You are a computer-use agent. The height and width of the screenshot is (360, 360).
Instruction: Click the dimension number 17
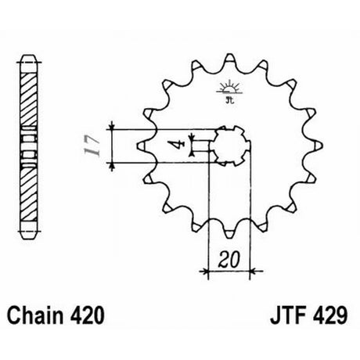92,146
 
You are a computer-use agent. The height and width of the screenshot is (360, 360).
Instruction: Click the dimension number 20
229,259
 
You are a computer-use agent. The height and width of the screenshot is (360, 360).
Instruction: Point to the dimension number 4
178,146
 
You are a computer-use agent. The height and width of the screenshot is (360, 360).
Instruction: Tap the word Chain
35,315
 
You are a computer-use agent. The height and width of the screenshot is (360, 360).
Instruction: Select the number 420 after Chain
87,315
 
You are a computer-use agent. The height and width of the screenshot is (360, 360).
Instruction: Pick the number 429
329,315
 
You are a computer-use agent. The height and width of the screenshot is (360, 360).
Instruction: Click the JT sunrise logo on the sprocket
229,92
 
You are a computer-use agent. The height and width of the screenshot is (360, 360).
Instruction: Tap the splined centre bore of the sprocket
230,146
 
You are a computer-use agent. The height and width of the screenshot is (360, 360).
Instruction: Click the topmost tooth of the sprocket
229,59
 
